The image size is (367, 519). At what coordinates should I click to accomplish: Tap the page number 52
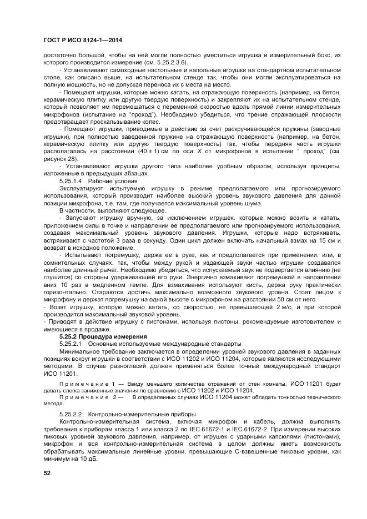(x=47, y=473)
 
